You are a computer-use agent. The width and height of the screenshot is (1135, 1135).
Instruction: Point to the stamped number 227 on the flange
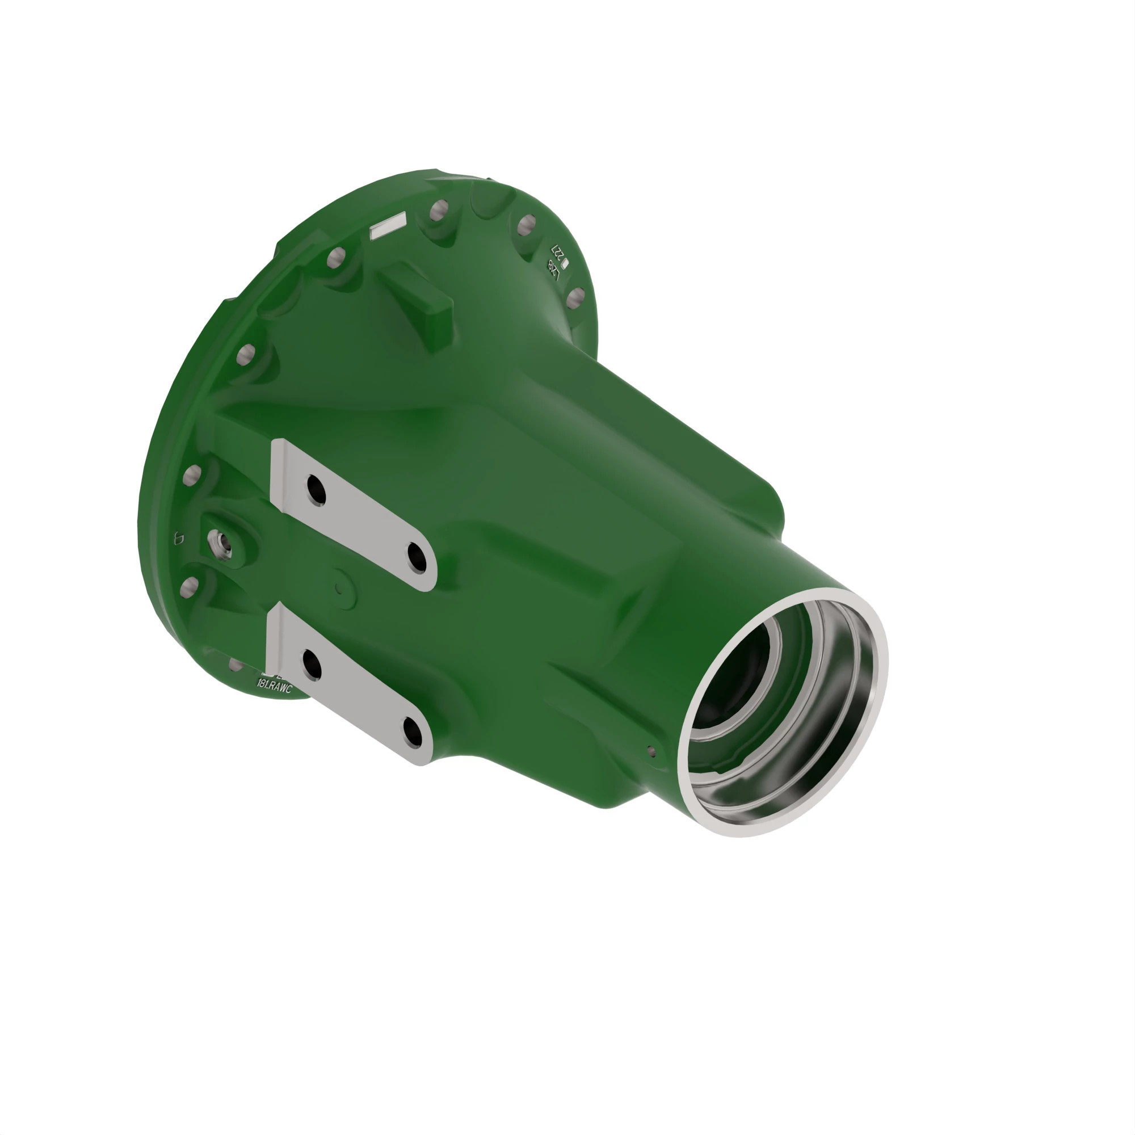(x=556, y=253)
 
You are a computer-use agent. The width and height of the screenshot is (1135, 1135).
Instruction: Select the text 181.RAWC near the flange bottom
(x=274, y=686)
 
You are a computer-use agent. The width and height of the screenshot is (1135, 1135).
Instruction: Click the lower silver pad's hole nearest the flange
(x=311, y=665)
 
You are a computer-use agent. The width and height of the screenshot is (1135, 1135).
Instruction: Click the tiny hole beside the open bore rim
(x=650, y=750)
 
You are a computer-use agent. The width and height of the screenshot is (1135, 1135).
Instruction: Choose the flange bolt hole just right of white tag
(x=438, y=211)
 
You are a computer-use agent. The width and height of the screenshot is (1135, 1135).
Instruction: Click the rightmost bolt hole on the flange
(x=575, y=298)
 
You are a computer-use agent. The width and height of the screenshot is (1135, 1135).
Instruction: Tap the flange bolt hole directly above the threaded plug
(x=191, y=474)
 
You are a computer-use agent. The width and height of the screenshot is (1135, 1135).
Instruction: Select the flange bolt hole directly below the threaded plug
(x=189, y=587)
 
